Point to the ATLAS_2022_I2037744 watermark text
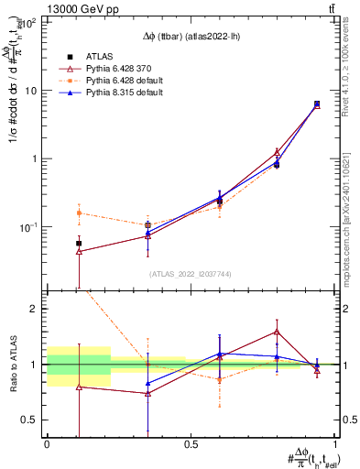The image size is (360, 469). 191,274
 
